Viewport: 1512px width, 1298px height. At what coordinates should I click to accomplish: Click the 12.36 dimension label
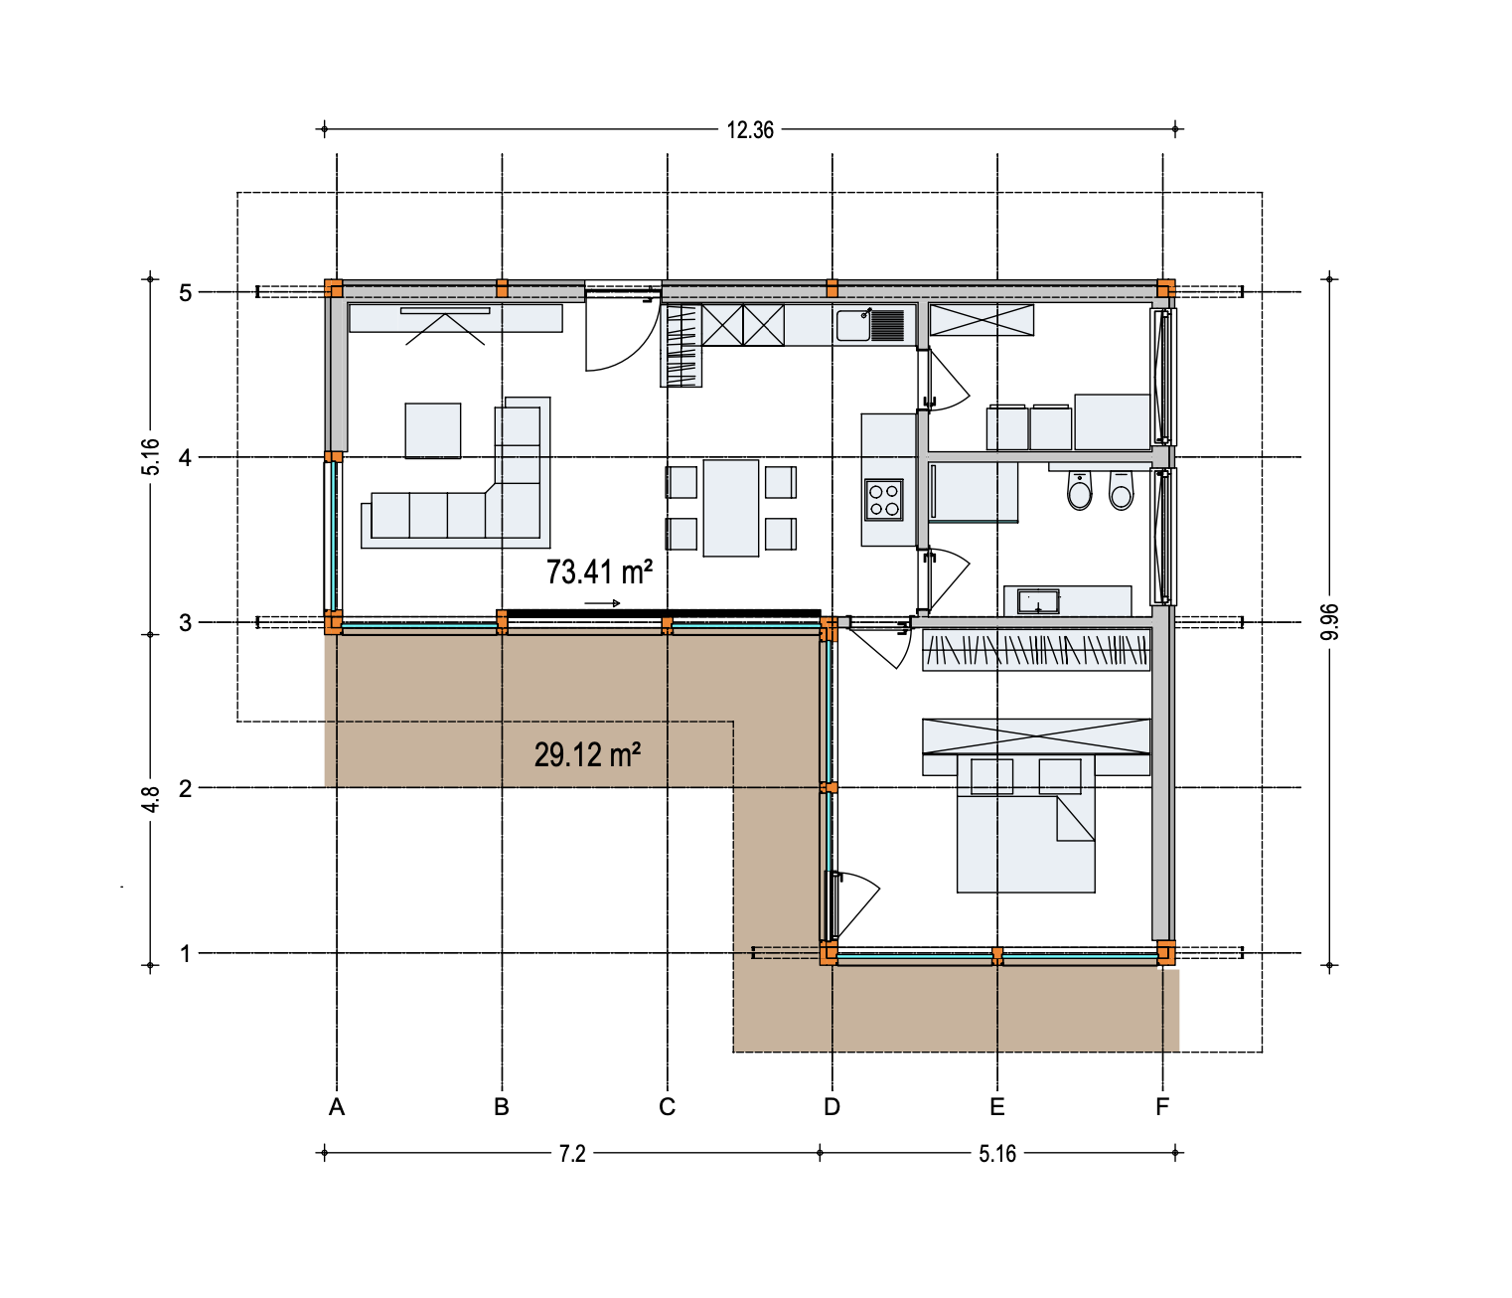point(750,130)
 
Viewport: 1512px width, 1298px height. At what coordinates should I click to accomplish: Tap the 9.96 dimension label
point(1329,622)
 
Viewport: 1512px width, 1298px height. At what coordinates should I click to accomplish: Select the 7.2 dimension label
point(572,1154)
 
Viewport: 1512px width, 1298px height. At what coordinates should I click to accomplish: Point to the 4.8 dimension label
point(151,799)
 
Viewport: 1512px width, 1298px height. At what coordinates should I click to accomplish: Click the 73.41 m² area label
point(599,572)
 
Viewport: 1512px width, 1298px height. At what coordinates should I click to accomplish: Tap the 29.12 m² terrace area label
point(587,755)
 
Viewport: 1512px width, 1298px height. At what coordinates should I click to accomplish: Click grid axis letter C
point(667,1107)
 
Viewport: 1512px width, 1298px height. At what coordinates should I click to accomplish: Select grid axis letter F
point(1162,1107)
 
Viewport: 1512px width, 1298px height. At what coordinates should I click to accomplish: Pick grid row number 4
point(185,458)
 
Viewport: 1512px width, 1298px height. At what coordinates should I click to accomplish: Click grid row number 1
point(185,954)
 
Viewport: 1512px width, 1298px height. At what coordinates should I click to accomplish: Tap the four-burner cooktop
point(883,500)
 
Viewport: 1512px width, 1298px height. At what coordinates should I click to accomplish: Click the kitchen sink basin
point(853,325)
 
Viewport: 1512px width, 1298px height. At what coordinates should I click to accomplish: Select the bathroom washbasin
point(1038,601)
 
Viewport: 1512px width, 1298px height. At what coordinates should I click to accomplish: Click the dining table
point(731,508)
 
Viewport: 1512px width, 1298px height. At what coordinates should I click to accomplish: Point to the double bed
point(1025,823)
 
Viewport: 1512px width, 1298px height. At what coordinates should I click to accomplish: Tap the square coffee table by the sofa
point(433,431)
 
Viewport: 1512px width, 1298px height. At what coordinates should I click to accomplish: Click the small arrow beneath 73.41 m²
point(602,603)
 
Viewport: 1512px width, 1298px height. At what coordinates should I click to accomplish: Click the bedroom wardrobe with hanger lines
point(1036,650)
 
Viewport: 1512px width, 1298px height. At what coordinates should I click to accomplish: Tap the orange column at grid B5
point(502,288)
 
